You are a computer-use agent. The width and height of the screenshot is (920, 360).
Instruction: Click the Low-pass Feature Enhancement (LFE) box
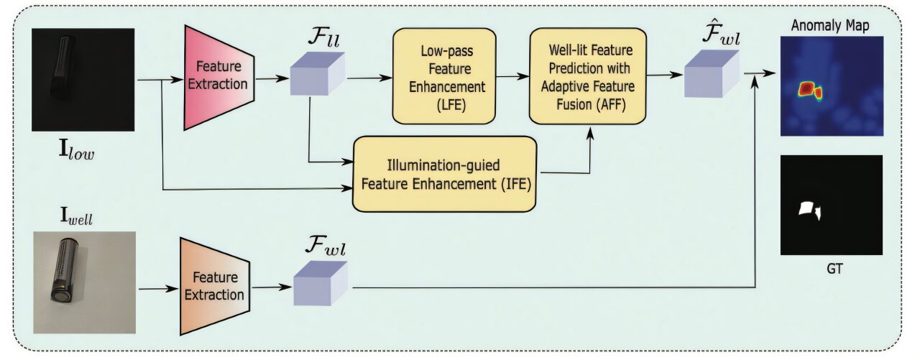pos(444,76)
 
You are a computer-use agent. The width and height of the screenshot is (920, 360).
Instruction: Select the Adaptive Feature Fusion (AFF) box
pos(588,76)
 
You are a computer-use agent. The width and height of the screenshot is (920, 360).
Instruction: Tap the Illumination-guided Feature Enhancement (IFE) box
pos(444,174)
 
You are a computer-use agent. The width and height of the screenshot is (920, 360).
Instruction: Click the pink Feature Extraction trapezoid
pos(219,78)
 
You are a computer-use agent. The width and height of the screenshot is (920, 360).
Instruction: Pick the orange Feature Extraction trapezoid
pos(215,286)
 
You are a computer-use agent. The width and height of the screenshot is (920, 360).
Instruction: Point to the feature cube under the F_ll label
pos(318,74)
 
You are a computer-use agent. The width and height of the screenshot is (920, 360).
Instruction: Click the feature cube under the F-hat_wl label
pos(712,74)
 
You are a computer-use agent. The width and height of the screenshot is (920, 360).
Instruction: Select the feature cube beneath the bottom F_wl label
pos(321,284)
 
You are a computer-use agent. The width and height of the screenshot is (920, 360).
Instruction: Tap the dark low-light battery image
pos(83,80)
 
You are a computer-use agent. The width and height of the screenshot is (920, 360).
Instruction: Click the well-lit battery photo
pos(85,282)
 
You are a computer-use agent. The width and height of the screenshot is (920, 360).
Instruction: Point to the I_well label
pos(76,216)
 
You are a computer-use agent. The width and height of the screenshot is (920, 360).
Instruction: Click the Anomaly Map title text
pos(830,25)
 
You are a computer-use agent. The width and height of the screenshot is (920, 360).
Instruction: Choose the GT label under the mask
pos(834,269)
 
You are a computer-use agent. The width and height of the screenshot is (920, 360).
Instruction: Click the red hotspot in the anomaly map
pos(806,88)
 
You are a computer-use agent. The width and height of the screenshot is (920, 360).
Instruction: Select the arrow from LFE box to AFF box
pos(512,76)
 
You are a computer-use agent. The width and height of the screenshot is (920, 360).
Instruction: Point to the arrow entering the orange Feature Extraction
pos(159,289)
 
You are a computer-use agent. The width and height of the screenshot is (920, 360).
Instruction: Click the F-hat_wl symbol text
pos(721,34)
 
